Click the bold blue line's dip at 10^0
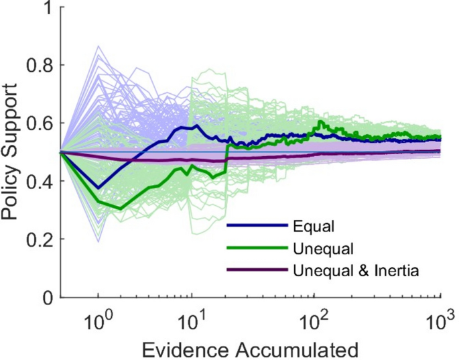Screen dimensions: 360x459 coord(99,188)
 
